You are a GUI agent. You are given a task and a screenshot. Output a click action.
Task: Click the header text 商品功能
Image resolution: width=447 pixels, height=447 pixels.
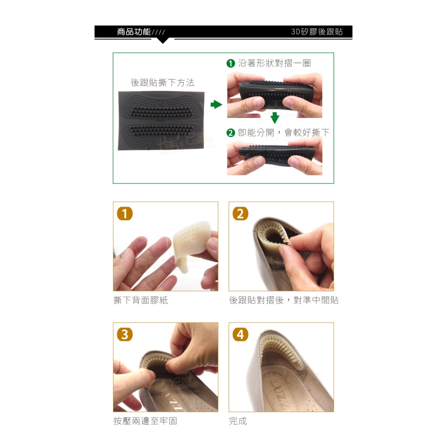pyautogui.click(x=134, y=32)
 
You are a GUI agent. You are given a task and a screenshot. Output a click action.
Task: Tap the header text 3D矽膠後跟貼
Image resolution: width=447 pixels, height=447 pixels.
pyautogui.click(x=317, y=32)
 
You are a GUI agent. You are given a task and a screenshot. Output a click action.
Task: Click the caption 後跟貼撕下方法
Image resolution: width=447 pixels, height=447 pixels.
pyautogui.click(x=163, y=83)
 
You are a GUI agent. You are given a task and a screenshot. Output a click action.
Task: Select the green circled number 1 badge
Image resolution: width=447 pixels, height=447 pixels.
pyautogui.click(x=230, y=63)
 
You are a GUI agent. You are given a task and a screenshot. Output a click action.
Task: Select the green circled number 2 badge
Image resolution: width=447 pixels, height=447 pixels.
pyautogui.click(x=230, y=133)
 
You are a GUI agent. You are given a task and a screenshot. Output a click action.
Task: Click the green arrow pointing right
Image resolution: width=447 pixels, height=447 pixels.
pyautogui.click(x=216, y=104)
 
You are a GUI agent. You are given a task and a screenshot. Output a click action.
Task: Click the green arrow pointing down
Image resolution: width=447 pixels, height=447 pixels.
pyautogui.click(x=274, y=118)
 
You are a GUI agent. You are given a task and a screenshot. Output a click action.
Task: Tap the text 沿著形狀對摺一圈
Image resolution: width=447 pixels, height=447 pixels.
pyautogui.click(x=274, y=63)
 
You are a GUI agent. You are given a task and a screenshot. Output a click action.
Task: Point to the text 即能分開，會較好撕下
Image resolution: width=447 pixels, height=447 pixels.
pyautogui.click(x=283, y=133)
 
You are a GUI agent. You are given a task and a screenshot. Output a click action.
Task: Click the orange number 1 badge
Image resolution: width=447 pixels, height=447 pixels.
pyautogui.click(x=125, y=213)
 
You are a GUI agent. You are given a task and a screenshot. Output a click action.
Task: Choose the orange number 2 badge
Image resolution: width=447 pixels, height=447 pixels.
pyautogui.click(x=240, y=213)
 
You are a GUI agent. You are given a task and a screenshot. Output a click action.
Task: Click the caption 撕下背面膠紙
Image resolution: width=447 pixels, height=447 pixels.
pyautogui.click(x=141, y=300)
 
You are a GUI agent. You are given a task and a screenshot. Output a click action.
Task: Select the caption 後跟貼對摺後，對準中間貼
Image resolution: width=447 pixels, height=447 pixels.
pyautogui.click(x=284, y=300)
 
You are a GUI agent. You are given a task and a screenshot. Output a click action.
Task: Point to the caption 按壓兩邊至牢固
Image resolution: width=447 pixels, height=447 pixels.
pyautogui.click(x=145, y=421)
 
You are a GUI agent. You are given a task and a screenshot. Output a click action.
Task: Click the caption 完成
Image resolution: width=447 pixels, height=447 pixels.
pyautogui.click(x=238, y=421)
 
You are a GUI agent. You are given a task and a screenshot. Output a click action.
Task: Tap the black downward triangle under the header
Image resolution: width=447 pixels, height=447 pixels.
pyautogui.click(x=163, y=41)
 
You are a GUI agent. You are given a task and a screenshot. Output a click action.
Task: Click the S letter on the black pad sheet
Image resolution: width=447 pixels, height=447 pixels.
pyautogui.click(x=162, y=104)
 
